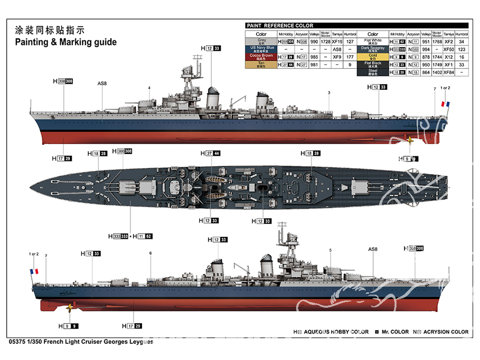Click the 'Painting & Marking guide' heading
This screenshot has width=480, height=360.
click(66, 42)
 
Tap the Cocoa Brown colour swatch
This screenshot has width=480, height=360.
click(261, 57)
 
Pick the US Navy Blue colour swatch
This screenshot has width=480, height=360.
click(261, 49)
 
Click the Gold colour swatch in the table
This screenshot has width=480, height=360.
click(372, 57)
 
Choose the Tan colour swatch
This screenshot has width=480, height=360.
click(261, 64)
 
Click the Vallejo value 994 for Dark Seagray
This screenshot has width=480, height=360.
click(424, 49)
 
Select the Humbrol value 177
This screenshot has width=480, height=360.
click(350, 57)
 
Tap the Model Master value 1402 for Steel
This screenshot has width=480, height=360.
click(437, 72)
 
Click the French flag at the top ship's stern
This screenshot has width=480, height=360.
click(445, 104)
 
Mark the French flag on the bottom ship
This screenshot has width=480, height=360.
click(34, 271)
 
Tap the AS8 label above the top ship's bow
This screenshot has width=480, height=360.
click(102, 84)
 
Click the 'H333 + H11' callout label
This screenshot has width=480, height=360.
click(131, 236)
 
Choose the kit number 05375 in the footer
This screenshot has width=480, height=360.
click(18, 342)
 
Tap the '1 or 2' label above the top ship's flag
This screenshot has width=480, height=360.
click(445, 88)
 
